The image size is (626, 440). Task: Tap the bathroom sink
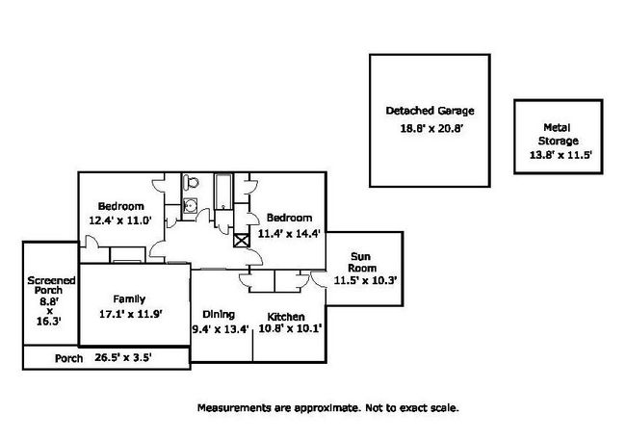point(191,204)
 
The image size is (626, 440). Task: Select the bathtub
point(222,194)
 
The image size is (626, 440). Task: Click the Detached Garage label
point(430,111)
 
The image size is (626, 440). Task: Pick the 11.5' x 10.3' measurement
point(366,280)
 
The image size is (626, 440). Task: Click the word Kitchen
point(287,318)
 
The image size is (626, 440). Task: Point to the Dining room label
point(219,314)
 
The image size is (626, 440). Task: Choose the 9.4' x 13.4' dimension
point(222,329)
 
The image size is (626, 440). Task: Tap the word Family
point(127,298)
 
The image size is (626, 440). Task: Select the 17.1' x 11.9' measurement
point(129,313)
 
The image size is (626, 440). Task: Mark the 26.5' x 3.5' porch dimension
point(122,358)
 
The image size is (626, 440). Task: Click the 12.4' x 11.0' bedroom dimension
point(120,220)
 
